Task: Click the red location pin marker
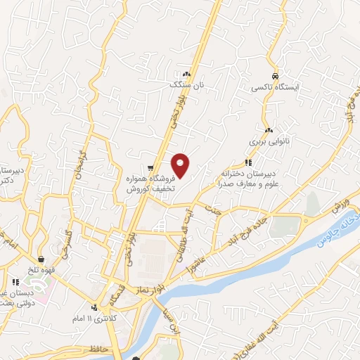pyautogui.click(x=181, y=165)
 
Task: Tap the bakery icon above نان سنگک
pyautogui.click(x=186, y=74)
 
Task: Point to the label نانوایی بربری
pyautogui.click(x=267, y=141)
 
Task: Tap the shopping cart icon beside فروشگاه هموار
pyautogui.click(x=150, y=168)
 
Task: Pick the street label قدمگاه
pyautogui.click(x=117, y=298)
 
